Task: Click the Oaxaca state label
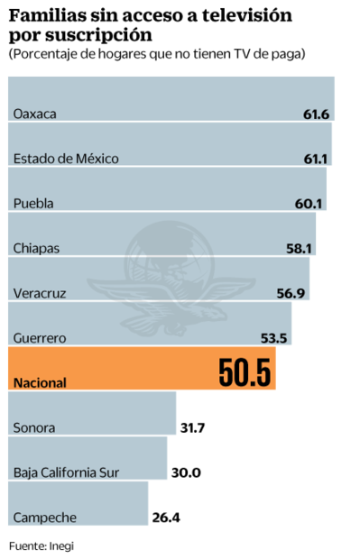35,114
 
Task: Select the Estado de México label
66,159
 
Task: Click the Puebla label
33,203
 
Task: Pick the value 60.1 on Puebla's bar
310,203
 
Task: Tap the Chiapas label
37,248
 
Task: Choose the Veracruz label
40,292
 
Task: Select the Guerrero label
40,337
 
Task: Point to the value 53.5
275,337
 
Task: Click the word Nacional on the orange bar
40,382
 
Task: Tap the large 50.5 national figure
245,372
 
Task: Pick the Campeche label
44,518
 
